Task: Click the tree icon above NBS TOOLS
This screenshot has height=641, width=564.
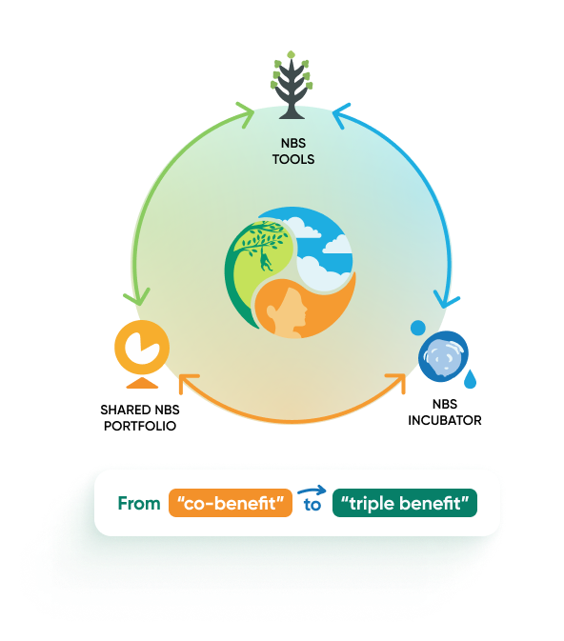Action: [x=292, y=85]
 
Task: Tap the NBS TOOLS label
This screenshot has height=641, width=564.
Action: [x=293, y=151]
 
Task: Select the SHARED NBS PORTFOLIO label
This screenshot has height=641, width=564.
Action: [x=140, y=418]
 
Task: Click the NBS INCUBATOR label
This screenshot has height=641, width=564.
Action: [x=445, y=412]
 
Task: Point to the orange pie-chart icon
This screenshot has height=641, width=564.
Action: [x=142, y=348]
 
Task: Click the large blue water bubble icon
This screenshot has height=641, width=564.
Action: [x=443, y=356]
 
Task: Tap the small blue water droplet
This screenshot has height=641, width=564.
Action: [x=471, y=379]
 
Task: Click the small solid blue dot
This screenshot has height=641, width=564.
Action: [x=418, y=328]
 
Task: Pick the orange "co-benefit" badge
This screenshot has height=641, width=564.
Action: [x=231, y=503]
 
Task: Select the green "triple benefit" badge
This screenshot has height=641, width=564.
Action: [x=405, y=503]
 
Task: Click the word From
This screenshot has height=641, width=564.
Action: [x=139, y=503]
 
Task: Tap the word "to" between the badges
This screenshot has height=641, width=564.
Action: [x=312, y=506]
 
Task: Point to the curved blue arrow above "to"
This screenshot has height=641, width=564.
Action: [x=312, y=490]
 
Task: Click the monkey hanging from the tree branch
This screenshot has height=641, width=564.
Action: [x=266, y=261]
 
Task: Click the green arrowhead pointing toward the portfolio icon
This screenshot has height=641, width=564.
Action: [x=137, y=297]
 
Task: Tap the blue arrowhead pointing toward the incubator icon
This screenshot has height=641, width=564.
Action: [x=445, y=301]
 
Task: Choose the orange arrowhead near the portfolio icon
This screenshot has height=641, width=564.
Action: [x=187, y=382]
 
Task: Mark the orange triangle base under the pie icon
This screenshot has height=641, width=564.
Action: [x=142, y=383]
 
